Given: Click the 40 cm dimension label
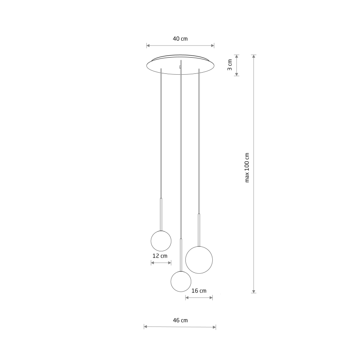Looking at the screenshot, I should click(180, 39).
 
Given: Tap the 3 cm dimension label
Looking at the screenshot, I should click(229, 65).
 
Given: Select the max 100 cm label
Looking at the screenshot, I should click(247, 168).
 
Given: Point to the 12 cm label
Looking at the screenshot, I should click(160, 256).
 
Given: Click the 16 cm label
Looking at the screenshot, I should click(199, 291).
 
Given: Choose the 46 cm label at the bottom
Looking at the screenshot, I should click(180, 320).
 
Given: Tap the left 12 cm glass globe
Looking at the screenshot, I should click(161, 240).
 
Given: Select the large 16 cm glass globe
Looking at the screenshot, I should click(199, 259).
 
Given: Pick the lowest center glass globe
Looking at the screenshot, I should click(181, 281).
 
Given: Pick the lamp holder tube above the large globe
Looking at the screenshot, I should click(199, 229).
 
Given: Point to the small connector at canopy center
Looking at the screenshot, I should click(180, 66).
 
